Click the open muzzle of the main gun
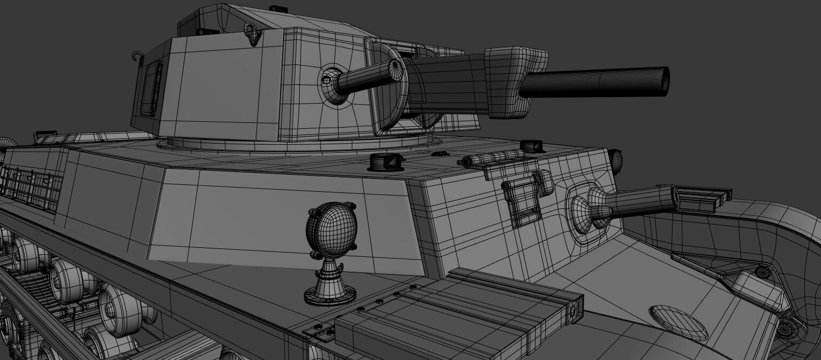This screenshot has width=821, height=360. tap(666, 81)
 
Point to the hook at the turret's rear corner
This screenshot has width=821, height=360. tap(139, 56)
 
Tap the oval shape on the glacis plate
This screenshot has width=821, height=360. tap(678, 322)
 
